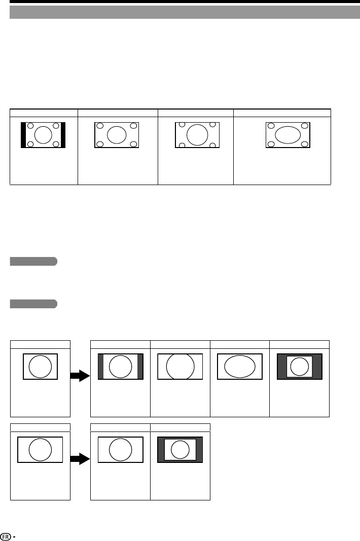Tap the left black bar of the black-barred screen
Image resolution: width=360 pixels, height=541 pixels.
coord(23,135)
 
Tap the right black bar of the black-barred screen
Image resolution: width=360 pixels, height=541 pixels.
coord(63,135)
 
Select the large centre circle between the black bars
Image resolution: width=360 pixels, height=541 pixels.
coord(44,135)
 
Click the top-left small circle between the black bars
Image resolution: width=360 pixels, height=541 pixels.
coord(30,126)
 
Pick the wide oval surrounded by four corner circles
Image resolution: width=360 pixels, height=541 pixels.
coord(287,135)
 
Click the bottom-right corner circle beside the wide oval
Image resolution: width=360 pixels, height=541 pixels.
coord(305,145)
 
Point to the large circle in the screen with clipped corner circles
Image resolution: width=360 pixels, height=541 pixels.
coord(197,135)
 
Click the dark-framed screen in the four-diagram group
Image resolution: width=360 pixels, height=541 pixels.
coord(299,366)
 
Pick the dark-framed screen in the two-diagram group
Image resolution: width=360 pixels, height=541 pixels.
coord(181,449)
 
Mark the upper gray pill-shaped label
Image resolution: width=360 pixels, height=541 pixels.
coord(33,262)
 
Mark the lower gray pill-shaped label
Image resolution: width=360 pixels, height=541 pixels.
coord(33,304)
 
